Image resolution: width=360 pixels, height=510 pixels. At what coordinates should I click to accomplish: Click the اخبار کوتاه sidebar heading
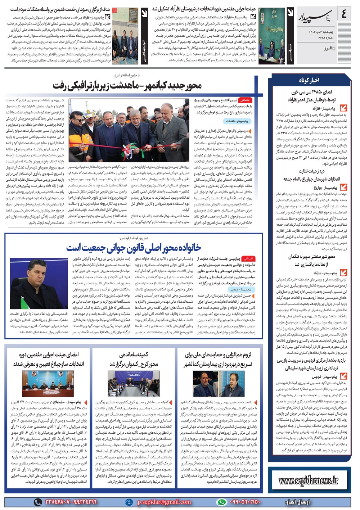309,80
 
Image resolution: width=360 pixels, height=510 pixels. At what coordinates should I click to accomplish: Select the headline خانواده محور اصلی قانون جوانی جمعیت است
134,248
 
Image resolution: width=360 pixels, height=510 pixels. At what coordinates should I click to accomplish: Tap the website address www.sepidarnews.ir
309,480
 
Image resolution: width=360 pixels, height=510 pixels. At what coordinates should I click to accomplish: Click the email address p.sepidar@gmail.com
164,502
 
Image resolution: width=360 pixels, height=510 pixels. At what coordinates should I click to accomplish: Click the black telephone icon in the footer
38,502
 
